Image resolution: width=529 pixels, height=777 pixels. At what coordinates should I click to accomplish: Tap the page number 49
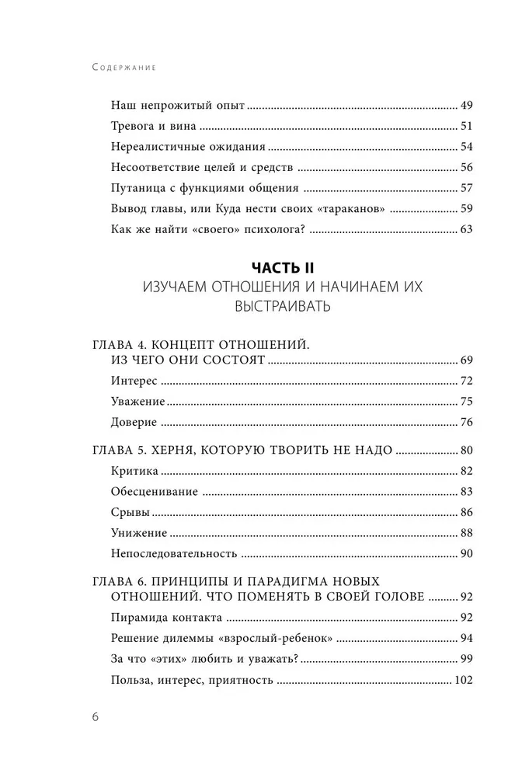pos(466,105)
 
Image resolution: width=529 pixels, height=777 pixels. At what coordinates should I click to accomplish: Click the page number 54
pos(466,146)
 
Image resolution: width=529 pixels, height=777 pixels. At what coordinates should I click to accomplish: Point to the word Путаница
pos(136,187)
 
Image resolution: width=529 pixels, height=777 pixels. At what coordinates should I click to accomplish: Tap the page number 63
pos(466,228)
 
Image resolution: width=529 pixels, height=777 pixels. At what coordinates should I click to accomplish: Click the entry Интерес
pos(135,381)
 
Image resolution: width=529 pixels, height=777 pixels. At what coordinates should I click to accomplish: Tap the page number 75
pos(466,401)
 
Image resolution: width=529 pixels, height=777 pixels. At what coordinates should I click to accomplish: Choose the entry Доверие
pos(134,422)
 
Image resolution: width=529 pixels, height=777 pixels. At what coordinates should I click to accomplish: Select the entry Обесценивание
pos(155,492)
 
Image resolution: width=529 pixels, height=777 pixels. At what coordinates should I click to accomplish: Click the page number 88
pos(466,533)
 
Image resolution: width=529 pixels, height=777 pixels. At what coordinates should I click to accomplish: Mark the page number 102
pos(463,680)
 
